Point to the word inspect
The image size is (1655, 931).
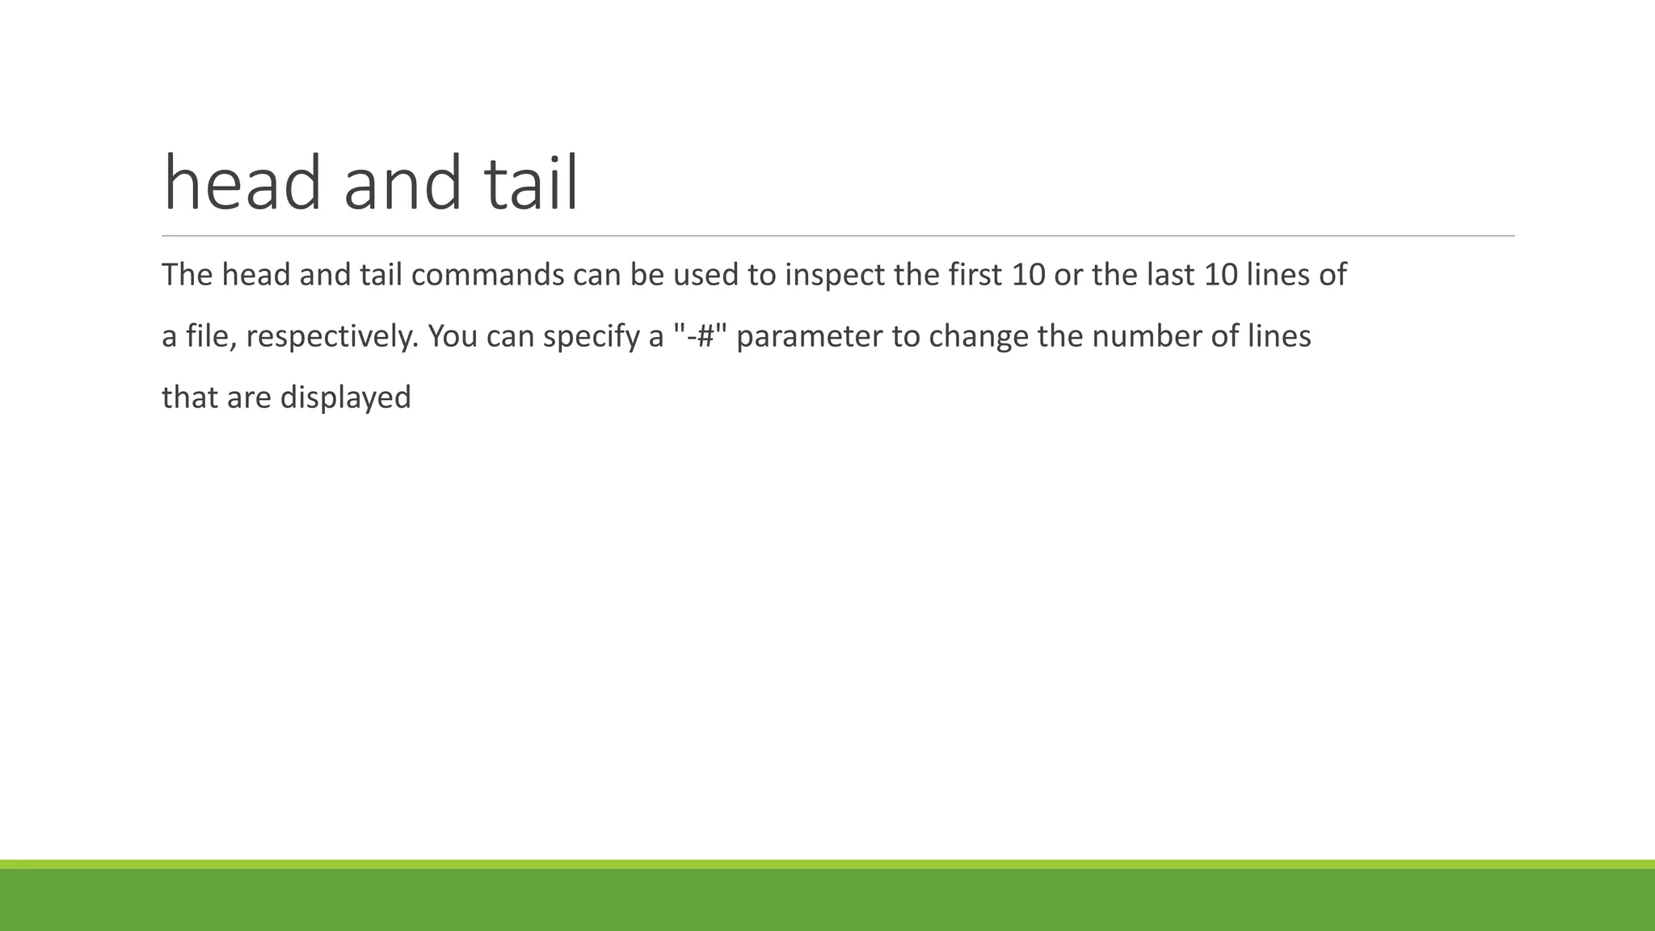(835, 276)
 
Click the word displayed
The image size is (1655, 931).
(345, 398)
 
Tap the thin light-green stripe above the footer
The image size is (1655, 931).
(827, 864)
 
